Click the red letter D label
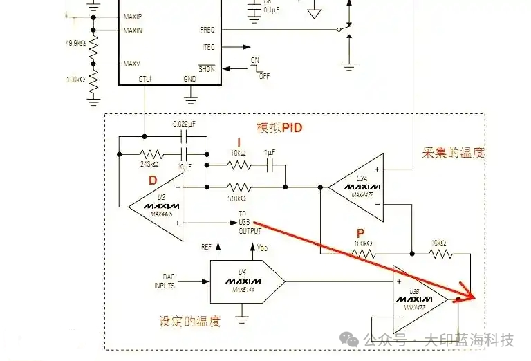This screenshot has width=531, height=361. coord(153,180)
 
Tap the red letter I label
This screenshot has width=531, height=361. coord(239,141)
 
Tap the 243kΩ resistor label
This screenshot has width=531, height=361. coord(149,164)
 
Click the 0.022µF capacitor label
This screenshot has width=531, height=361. coord(185,124)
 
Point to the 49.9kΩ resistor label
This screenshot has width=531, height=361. coord(75,44)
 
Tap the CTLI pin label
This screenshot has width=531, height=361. coord(145,79)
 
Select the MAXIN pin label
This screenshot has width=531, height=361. coord(133,30)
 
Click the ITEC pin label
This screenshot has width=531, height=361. coord(207,47)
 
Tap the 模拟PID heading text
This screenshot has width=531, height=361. coord(280,128)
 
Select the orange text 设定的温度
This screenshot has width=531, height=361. coord(189,322)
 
